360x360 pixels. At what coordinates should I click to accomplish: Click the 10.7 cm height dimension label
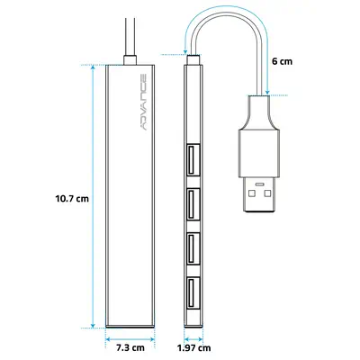tap(72, 198)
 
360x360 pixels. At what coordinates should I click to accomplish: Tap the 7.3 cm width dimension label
tap(130, 348)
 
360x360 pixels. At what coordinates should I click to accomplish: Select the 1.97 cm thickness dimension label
tap(193, 348)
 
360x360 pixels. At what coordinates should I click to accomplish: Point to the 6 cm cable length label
tap(282, 61)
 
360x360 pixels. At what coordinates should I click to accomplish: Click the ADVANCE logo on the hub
tap(143, 102)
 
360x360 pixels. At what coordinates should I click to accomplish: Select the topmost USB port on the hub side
tap(193, 159)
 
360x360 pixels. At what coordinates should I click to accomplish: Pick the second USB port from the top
tap(193, 204)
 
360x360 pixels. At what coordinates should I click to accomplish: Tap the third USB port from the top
tap(193, 248)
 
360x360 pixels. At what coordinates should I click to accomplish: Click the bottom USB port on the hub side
tap(193, 293)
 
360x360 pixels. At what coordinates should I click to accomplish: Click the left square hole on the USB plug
tap(251, 193)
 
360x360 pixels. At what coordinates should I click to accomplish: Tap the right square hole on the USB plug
tap(267, 193)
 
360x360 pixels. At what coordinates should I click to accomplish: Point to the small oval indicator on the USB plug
tap(259, 184)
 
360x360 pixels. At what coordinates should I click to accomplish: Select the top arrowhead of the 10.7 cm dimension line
tap(93, 67)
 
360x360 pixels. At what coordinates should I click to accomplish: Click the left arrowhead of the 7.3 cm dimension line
tap(109, 339)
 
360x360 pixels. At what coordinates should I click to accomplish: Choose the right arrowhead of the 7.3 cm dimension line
tap(152, 339)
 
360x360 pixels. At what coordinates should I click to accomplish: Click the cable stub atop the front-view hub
tap(130, 60)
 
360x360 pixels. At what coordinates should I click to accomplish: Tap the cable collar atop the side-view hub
tap(193, 59)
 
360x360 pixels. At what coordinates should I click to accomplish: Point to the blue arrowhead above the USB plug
tap(267, 92)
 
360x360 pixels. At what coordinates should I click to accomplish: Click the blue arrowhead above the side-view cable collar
tap(186, 51)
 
